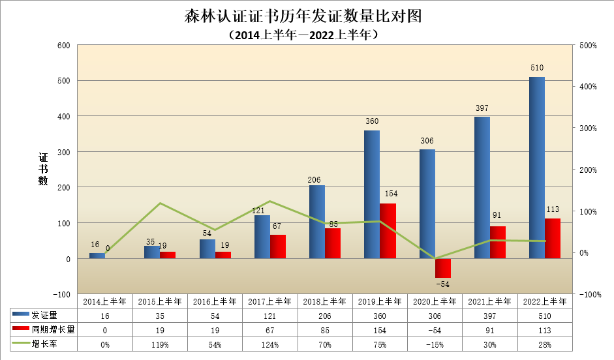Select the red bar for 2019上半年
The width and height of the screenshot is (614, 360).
[388, 231]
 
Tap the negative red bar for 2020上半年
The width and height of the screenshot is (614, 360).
[442, 268]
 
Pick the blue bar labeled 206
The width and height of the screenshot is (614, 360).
[316, 222]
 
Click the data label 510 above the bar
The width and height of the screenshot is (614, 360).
[537, 68]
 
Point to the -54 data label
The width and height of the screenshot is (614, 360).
[442, 284]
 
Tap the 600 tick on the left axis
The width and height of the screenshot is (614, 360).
[63, 45]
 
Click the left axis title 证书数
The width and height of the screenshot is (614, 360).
[43, 169]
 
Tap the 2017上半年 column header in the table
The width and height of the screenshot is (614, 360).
[269, 301]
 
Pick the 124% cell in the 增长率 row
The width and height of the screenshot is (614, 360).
[269, 344]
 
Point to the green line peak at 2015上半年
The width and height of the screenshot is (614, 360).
[160, 203]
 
